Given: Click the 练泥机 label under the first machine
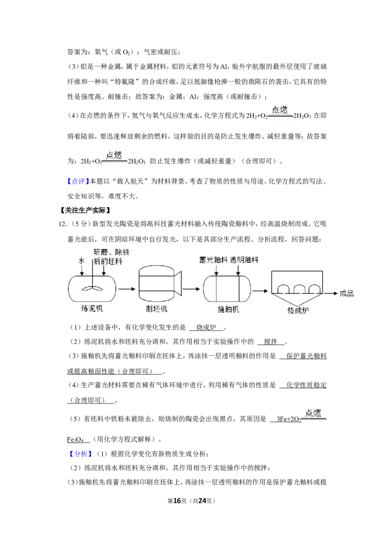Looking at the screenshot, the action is (x=92, y=308).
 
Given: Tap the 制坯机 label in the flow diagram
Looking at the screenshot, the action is (x=157, y=309).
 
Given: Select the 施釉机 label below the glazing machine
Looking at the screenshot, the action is (x=228, y=309).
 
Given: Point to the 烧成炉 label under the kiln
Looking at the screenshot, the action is (x=298, y=310).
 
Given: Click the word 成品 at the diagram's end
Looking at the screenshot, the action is (x=346, y=294).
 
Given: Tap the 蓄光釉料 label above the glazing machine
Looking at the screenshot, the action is (x=213, y=260).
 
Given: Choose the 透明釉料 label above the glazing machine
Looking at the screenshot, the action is (x=244, y=260).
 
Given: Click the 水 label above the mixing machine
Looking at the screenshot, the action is (x=81, y=261).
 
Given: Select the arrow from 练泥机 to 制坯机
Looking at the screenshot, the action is (x=127, y=289).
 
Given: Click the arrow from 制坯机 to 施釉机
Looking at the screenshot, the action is (x=191, y=289).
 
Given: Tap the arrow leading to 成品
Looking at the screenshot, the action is (x=331, y=294).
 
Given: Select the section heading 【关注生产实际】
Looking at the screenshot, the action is (x=85, y=210).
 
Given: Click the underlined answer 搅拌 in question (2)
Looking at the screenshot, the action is (x=270, y=342).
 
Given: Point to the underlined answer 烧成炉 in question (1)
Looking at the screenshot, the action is (x=206, y=327).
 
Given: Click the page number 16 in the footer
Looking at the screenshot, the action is (x=177, y=501).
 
